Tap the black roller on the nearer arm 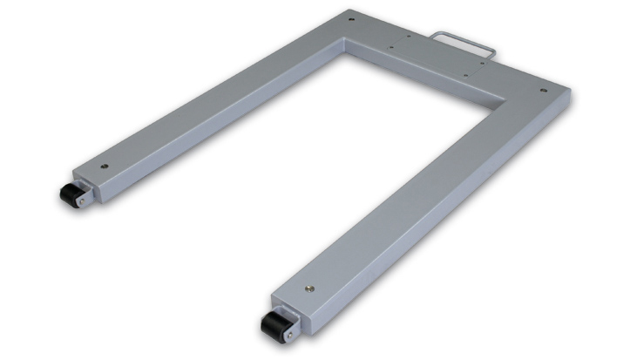click(272, 329)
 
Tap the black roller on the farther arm click(70, 194)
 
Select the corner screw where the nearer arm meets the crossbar click(543, 89)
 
